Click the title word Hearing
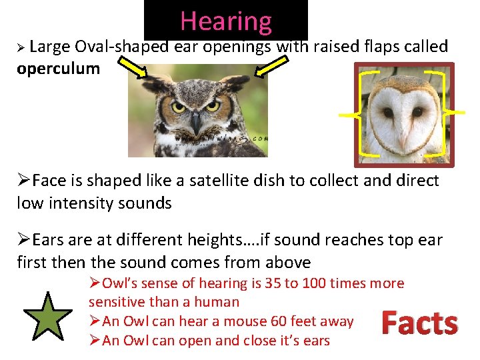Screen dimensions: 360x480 pyautogui.click(x=226, y=21)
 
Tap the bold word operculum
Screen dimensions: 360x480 pyautogui.click(x=58, y=69)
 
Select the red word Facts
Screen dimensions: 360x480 pyautogui.click(x=419, y=323)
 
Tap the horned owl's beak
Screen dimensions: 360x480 pyautogui.click(x=195, y=122)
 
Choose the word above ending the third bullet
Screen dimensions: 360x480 pyautogui.click(x=289, y=262)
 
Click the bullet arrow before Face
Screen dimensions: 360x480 pyautogui.click(x=23, y=181)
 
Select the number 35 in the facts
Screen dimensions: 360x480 pyautogui.click(x=272, y=283)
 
